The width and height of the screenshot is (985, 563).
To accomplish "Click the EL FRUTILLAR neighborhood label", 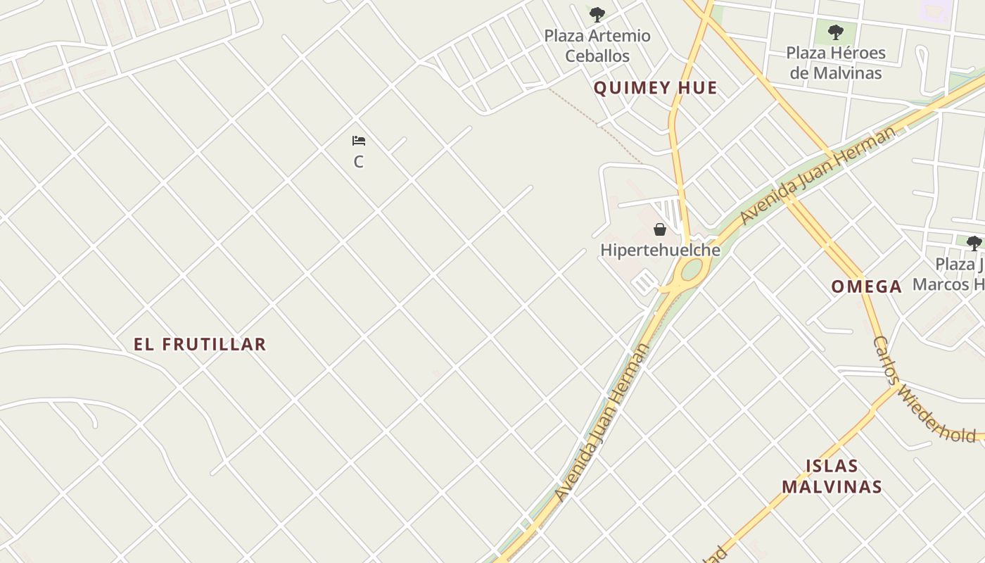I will (201, 344).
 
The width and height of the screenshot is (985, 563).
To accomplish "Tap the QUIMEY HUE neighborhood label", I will (656, 88).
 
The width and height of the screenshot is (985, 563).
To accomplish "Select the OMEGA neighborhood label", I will (866, 286).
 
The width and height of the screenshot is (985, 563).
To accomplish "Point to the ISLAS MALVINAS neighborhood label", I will (832, 476).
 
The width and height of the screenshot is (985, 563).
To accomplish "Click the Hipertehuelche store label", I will (660, 250).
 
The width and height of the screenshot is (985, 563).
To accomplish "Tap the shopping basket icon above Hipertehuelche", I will (660, 229).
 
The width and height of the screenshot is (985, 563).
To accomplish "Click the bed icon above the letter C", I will (359, 141).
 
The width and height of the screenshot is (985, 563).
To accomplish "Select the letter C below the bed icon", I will (359, 162).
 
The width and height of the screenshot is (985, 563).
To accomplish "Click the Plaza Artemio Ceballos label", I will (597, 46).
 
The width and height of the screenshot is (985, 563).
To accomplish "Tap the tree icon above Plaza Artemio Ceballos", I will (597, 14).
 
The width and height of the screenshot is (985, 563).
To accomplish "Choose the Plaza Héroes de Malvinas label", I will (836, 63).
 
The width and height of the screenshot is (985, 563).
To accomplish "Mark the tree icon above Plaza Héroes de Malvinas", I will (836, 32).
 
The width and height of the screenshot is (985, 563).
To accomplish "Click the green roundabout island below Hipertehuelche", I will (692, 269).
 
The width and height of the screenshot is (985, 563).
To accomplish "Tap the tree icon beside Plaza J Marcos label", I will (974, 243).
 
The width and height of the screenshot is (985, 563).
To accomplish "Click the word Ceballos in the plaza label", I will (597, 56).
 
